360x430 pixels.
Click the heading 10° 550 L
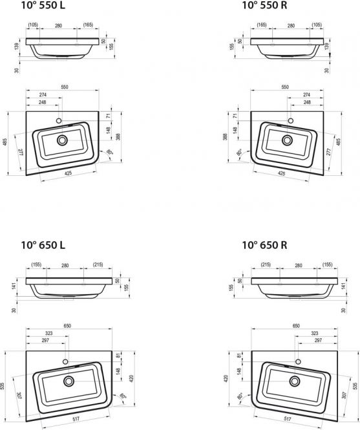[x=43, y=5]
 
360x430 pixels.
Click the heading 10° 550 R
[x=264, y=5]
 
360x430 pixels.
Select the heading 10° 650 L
[x=43, y=245]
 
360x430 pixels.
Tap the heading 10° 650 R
[x=264, y=245]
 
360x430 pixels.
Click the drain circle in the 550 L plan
[x=62, y=140]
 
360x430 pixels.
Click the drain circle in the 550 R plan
[x=288, y=140]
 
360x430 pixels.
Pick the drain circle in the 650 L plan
[x=69, y=381]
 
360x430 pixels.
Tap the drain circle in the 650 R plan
[x=295, y=381]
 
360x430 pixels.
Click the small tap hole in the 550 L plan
[x=59, y=120]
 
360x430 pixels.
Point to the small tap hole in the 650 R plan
[x=298, y=361]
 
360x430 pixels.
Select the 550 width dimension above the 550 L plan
[x=65, y=87]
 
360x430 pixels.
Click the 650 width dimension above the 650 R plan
[x=296, y=326]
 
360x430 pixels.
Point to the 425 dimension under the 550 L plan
[x=69, y=173]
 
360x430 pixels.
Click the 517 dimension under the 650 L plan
[x=76, y=419]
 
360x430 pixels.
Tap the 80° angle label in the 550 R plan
[x=239, y=152]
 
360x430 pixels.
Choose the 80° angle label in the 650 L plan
[x=123, y=396]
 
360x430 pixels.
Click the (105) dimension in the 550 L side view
[x=33, y=25]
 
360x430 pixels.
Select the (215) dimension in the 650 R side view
[x=266, y=264]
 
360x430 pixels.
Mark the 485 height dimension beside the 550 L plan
[x=5, y=142]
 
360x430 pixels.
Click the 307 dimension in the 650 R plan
[x=344, y=395]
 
